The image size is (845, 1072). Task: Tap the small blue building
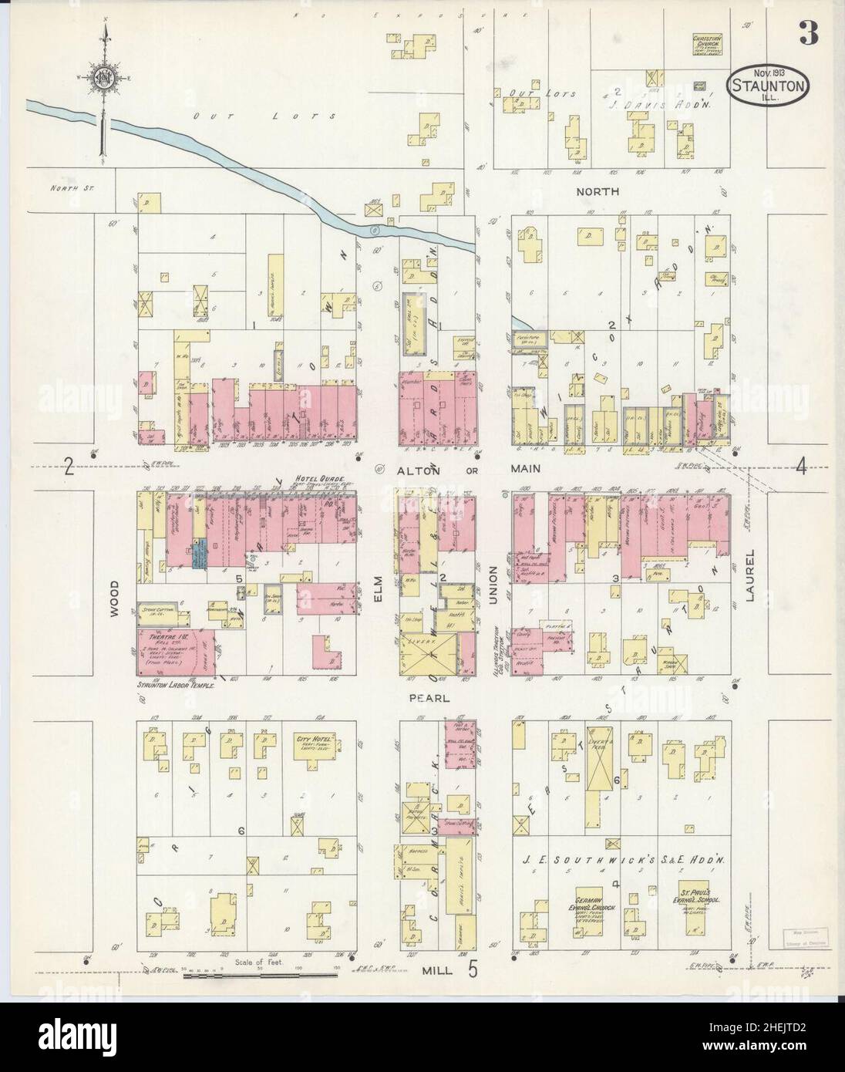200,555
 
